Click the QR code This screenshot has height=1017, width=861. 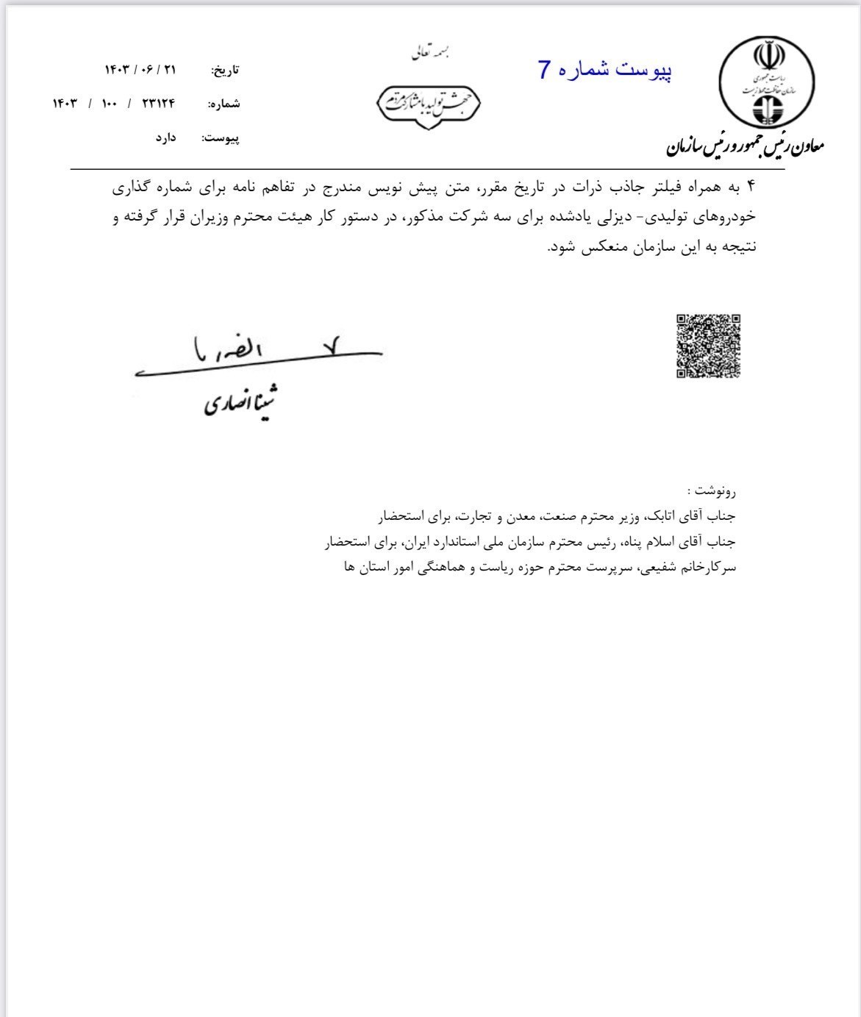(x=708, y=346)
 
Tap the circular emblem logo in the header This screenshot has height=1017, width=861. (x=767, y=82)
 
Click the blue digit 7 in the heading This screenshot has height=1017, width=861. (x=544, y=70)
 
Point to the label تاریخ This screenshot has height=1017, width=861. (x=225, y=71)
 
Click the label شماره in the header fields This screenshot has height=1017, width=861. (x=224, y=104)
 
